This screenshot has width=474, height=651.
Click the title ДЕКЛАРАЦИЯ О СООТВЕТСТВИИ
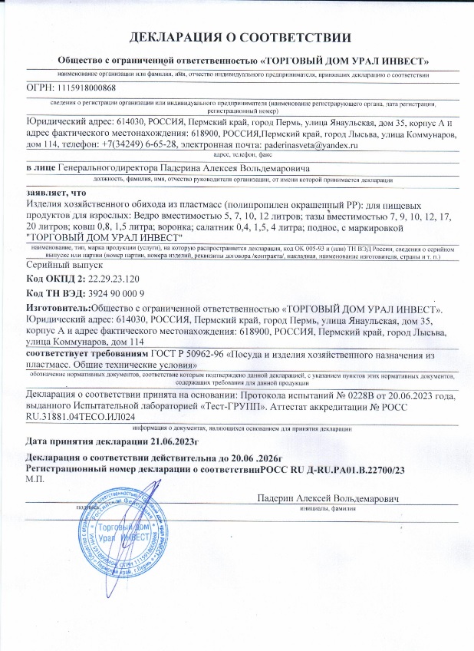click(x=237, y=38)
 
